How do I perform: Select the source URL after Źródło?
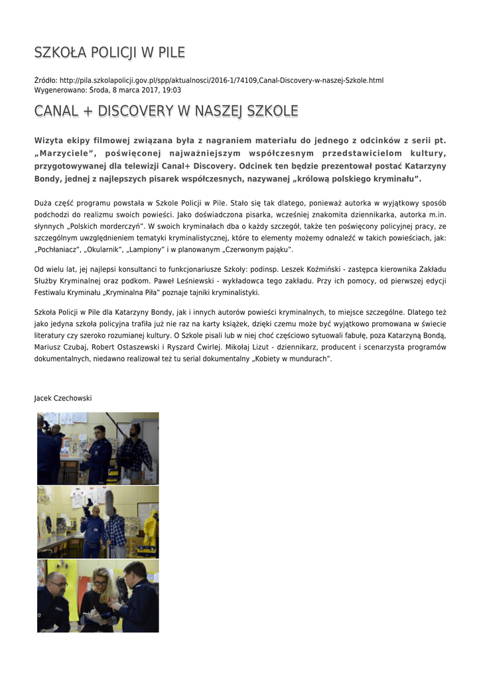coord(222,80)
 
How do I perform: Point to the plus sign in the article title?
coord(84,111)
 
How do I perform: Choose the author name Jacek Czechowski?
coord(63,398)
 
